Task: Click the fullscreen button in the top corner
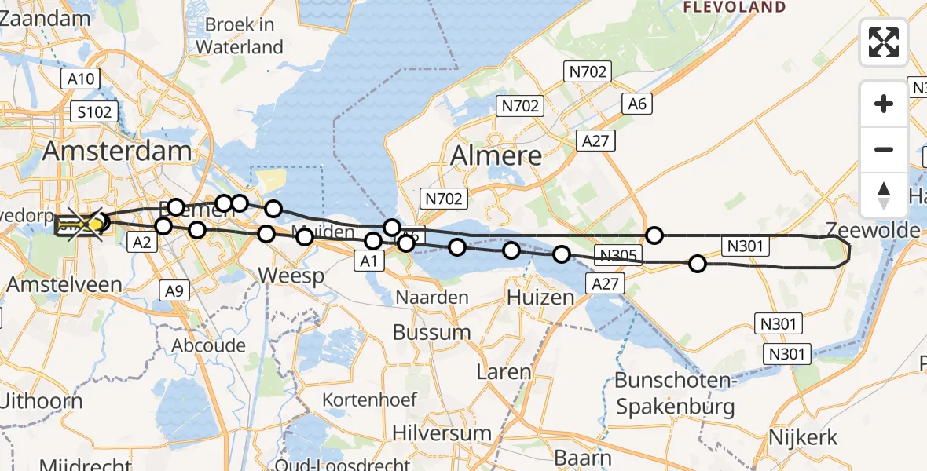(884, 42)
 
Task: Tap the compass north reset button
(884, 195)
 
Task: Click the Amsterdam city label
(118, 152)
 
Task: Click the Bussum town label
(431, 332)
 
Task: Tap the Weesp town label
(291, 276)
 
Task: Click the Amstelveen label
(53, 284)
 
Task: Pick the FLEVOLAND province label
(735, 7)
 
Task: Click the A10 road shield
(80, 78)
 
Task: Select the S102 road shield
(94, 111)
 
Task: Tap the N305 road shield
(619, 254)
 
